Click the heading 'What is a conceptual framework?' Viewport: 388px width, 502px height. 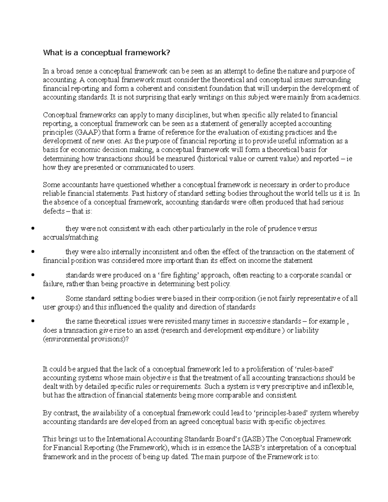click(x=106, y=53)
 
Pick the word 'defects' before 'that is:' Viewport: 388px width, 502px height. click(x=54, y=211)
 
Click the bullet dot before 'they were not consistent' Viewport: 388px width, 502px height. click(x=32, y=229)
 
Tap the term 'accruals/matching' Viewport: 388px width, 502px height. click(x=70, y=238)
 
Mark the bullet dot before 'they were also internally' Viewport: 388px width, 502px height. click(x=32, y=252)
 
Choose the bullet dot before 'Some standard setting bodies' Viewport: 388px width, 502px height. click(x=32, y=298)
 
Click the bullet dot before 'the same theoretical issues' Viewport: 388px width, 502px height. click(x=32, y=322)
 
